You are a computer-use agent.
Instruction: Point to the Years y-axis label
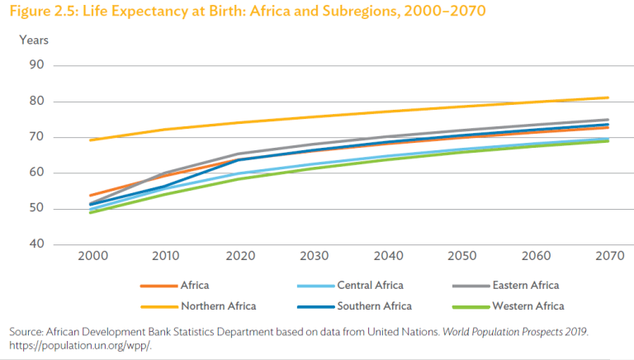pos(34,40)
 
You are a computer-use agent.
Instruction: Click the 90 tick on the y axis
pos(36,66)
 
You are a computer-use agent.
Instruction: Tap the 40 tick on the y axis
pos(36,244)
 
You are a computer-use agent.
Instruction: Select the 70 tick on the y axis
pos(36,137)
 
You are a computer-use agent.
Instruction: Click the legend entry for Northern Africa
pos(218,306)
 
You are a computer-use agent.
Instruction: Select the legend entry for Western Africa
pos(528,306)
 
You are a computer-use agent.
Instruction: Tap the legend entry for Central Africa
pos(370,286)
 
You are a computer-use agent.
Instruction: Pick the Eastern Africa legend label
pos(525,286)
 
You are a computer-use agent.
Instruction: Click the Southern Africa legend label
pos(374,306)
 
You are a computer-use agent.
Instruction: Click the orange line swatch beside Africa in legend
pos(157,286)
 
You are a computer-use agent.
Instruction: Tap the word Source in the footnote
pos(26,331)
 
